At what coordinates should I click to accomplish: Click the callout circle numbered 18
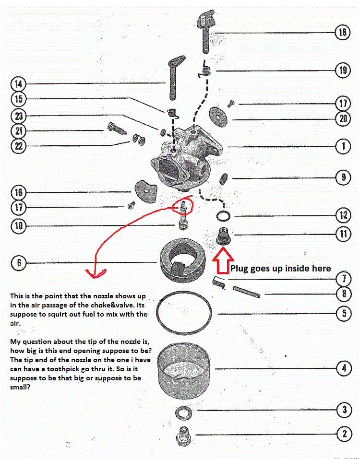point(343,33)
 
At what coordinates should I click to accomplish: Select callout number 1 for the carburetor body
point(343,146)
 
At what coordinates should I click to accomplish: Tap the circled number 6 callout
point(19,263)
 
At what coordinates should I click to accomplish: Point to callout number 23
point(19,116)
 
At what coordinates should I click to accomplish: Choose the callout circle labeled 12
point(343,215)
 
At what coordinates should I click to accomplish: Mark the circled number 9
point(343,177)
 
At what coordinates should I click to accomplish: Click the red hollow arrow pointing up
point(222,263)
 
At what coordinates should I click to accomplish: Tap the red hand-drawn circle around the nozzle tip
point(184,206)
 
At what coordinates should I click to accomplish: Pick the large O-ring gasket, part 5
point(185,314)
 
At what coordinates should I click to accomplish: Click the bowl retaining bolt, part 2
point(183,435)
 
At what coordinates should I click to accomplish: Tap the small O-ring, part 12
point(222,215)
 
